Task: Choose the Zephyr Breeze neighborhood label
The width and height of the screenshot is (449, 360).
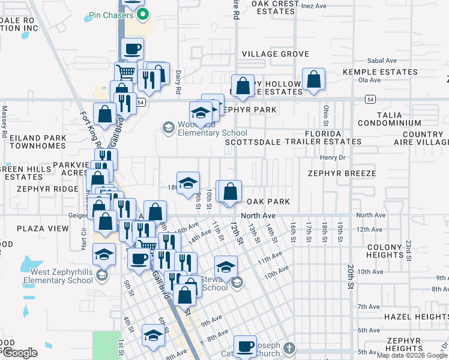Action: [x=342, y=173]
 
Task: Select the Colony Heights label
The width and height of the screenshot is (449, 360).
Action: [x=384, y=251]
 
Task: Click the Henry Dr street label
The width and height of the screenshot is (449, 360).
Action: [x=334, y=158]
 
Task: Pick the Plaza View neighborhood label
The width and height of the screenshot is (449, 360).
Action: [x=43, y=229]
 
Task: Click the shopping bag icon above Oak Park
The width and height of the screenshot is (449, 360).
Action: [x=230, y=193]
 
